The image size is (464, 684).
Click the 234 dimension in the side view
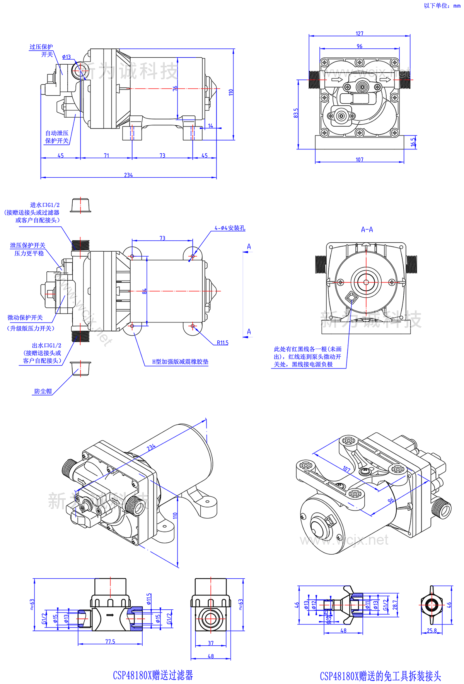point(128,175)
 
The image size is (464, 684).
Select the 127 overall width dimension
point(360,34)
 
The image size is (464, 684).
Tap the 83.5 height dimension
point(296,113)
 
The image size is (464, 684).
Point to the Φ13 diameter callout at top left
point(67,57)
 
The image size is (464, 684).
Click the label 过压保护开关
point(41,51)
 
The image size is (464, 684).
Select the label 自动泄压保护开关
point(57,137)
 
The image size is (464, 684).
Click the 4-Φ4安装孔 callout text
point(230,228)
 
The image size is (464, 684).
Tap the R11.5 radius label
point(222,343)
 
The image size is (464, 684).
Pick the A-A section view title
point(367,230)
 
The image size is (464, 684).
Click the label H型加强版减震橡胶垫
point(180,362)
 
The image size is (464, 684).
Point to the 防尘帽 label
point(43,391)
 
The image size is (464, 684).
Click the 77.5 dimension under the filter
point(110,641)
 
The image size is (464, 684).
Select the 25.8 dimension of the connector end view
point(432,630)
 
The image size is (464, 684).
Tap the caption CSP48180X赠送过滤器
point(153,675)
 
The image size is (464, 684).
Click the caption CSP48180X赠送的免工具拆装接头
point(380,676)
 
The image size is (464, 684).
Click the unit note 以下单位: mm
point(442,5)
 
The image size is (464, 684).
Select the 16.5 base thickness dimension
point(413,142)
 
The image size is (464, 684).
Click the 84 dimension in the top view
point(144,291)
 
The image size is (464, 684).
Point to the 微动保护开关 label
point(25,317)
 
